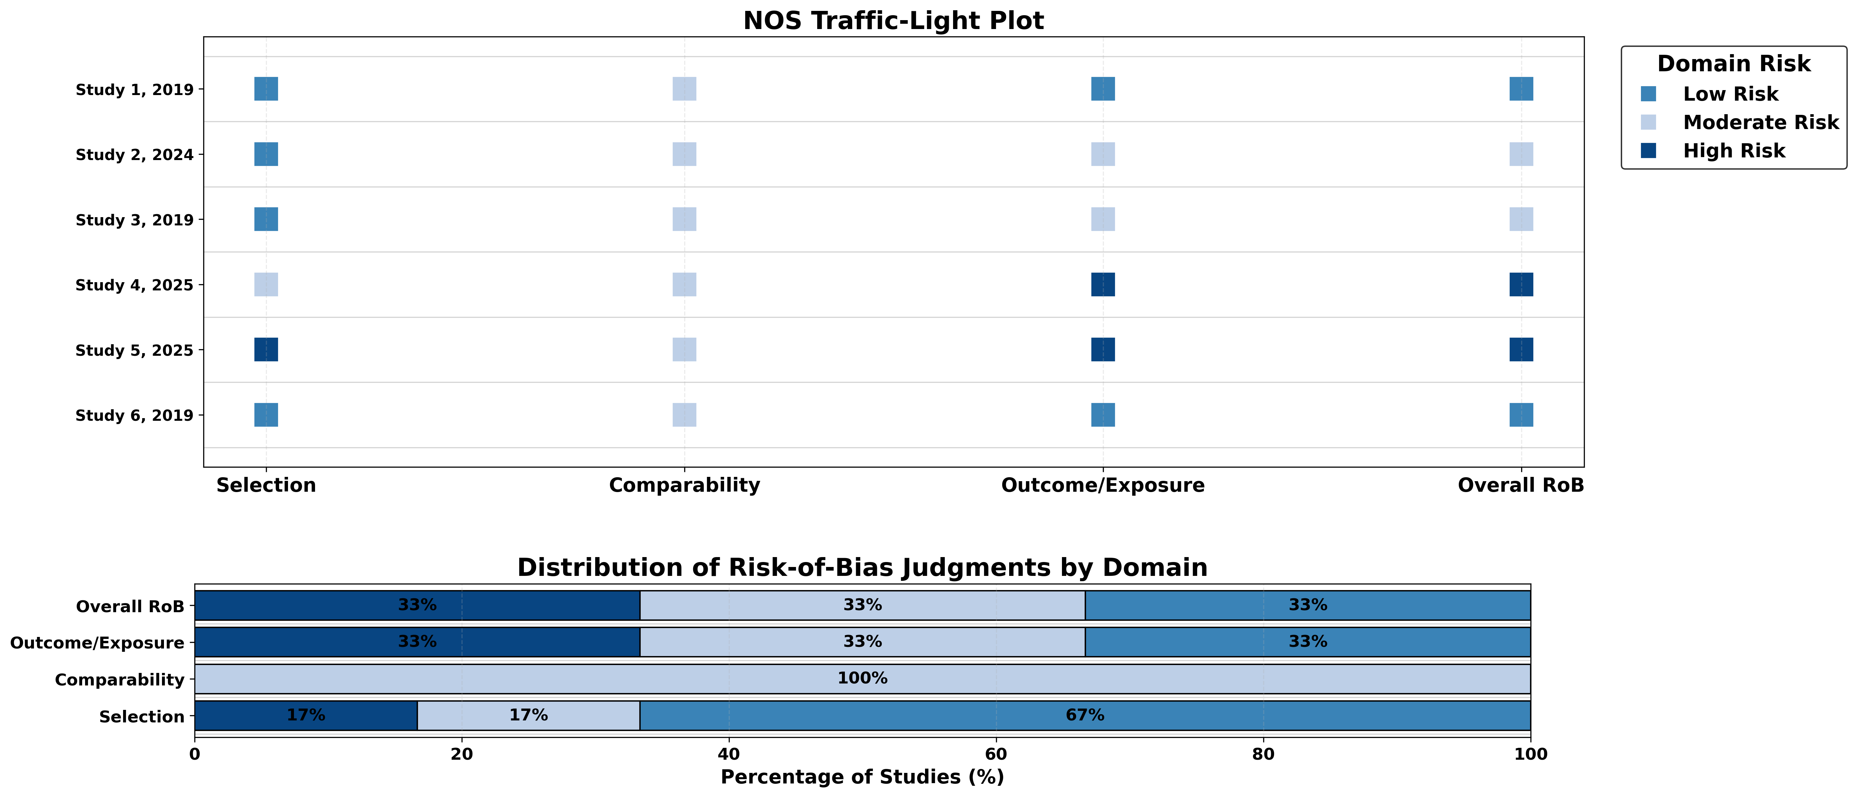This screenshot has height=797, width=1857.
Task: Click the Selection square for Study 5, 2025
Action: [266, 350]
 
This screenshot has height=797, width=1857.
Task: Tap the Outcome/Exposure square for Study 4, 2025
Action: [1103, 285]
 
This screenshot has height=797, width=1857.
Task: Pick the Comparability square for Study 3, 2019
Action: [684, 219]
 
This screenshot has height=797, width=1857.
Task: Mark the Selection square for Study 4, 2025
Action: [266, 285]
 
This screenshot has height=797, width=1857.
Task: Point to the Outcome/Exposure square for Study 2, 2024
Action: [1103, 154]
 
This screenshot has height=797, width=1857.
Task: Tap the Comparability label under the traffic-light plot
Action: [684, 485]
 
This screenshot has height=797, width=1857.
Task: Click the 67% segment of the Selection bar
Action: [1085, 715]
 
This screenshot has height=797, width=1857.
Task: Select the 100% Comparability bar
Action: [862, 679]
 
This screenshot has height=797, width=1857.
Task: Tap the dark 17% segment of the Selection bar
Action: [306, 715]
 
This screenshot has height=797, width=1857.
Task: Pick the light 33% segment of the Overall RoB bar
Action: [862, 605]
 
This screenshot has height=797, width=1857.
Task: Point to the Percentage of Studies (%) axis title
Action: [862, 777]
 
